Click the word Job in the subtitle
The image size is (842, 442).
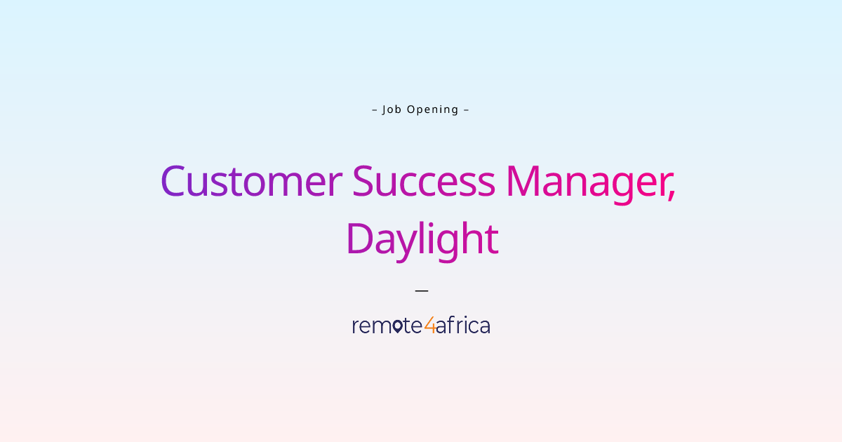pyautogui.click(x=392, y=109)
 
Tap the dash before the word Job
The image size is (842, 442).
pyautogui.click(x=374, y=109)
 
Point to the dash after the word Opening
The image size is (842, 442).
pyautogui.click(x=467, y=109)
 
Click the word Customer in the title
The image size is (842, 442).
pyautogui.click(x=250, y=181)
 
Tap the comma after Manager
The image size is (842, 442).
pyautogui.click(x=671, y=194)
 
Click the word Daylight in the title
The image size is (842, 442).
pyautogui.click(x=422, y=240)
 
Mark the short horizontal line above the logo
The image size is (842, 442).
pyautogui.click(x=421, y=289)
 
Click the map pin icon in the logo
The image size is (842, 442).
pyautogui.click(x=398, y=326)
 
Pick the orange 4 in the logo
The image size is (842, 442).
pyautogui.click(x=429, y=326)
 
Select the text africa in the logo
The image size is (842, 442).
pyautogui.click(x=463, y=326)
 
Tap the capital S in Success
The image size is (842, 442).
pyautogui.click(x=363, y=181)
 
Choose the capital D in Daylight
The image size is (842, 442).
pyautogui.click(x=360, y=239)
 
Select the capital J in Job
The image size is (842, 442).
pyautogui.click(x=385, y=109)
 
